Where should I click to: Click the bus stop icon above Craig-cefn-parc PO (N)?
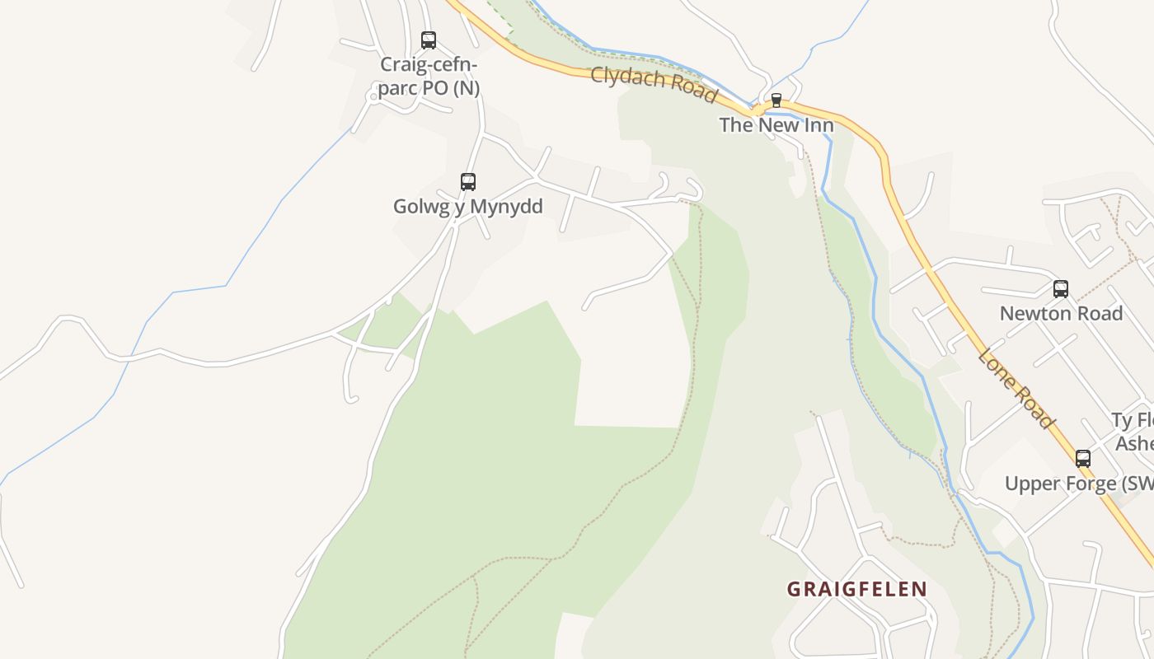[x=428, y=40]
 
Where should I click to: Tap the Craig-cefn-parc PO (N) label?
[x=429, y=76]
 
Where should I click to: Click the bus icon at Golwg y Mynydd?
[x=468, y=182]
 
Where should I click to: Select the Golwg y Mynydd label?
[x=467, y=206]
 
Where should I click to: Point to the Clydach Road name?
[x=654, y=85]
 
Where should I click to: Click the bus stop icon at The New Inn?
[x=776, y=100]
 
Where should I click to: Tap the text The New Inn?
[x=776, y=125]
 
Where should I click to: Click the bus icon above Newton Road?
[x=1061, y=289]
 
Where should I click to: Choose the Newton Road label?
[x=1061, y=313]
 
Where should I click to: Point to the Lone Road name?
[x=1016, y=388]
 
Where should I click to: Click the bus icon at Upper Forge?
[x=1083, y=459]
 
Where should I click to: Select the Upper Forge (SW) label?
[x=1078, y=484]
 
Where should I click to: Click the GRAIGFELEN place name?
[x=856, y=589]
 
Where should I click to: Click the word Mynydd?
[x=511, y=206]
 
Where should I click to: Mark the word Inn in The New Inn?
[x=818, y=125]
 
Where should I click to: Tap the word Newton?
[x=1031, y=313]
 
